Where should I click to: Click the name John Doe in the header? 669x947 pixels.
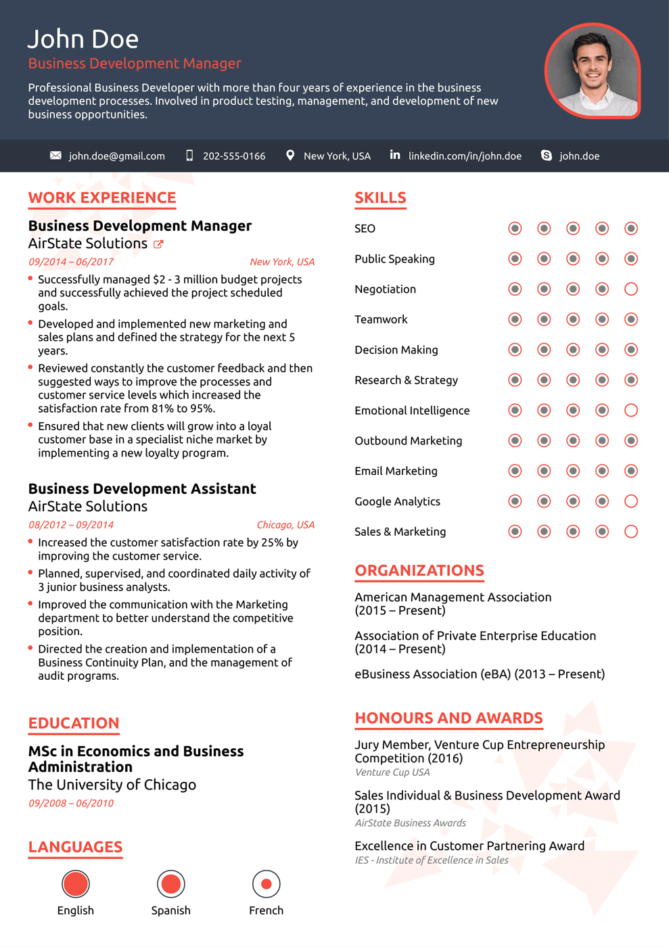[83, 39]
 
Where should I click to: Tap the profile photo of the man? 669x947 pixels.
[593, 71]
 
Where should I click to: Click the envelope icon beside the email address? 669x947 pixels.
[55, 156]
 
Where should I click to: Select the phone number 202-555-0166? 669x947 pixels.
[233, 156]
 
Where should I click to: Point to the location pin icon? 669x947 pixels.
[290, 156]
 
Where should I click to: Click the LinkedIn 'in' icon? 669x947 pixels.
[395, 155]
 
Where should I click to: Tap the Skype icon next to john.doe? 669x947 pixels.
[547, 156]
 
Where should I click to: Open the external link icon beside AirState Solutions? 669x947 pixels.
[158, 244]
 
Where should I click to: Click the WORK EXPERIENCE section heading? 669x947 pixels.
[102, 198]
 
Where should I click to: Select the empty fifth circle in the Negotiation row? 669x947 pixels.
[631, 289]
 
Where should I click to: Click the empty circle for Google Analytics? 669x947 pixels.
[631, 501]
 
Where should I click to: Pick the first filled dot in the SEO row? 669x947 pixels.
[515, 229]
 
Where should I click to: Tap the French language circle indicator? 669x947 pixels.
[266, 883]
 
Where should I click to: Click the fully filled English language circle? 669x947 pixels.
[76, 883]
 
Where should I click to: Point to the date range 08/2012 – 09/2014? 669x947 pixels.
[71, 525]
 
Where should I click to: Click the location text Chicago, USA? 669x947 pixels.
[285, 525]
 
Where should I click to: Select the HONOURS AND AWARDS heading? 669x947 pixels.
[448, 718]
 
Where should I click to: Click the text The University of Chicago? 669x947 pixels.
[112, 785]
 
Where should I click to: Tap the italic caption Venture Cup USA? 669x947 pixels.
[392, 772]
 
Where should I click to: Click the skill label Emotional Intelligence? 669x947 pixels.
[412, 411]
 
